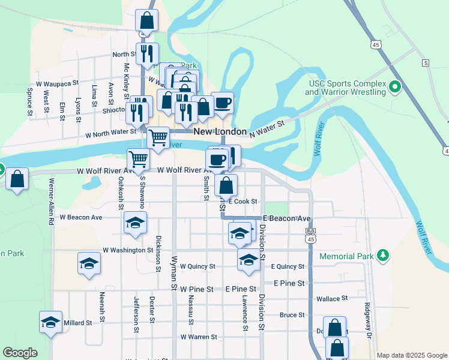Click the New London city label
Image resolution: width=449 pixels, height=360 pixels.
220,131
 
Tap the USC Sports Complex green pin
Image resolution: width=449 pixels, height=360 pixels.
395,88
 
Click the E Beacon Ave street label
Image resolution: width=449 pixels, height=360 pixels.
286,218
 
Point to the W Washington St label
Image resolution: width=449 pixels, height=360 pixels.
128,250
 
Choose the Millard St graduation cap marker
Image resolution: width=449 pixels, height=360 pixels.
50,322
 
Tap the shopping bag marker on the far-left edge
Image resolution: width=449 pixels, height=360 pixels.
17,179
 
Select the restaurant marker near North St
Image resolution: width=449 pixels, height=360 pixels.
147,53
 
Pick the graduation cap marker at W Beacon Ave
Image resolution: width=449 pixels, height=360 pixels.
136,223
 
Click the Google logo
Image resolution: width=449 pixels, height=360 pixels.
20,353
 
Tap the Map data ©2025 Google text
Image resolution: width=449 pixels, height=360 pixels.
412,355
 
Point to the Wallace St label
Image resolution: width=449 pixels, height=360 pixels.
331,298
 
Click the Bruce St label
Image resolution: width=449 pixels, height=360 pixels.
292,314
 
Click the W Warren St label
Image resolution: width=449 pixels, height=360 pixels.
197,337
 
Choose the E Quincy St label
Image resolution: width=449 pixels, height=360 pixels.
288,266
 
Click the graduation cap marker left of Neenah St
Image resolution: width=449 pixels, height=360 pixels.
89,263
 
